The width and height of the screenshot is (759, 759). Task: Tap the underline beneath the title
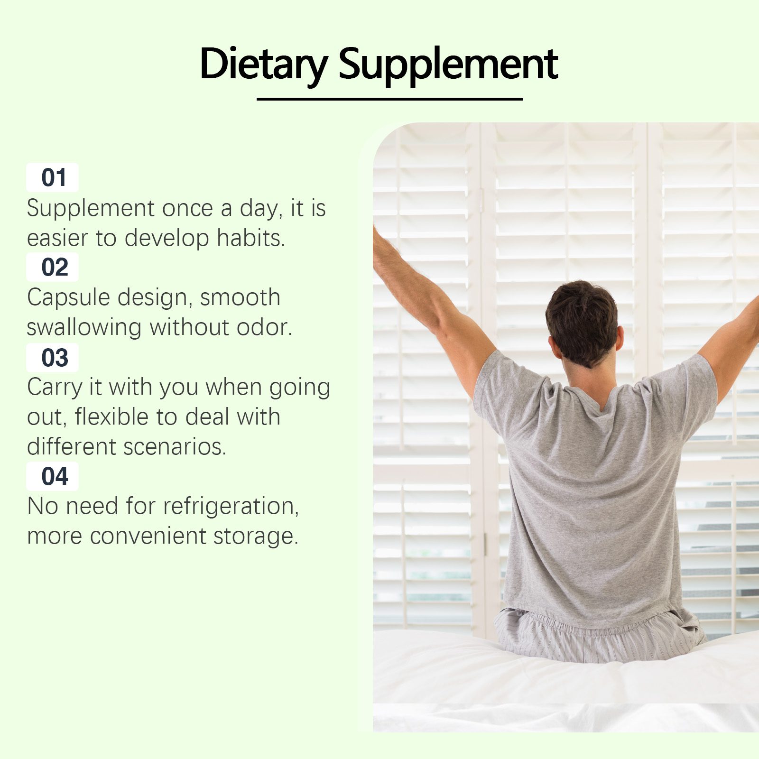390,99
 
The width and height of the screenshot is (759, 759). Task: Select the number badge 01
53,177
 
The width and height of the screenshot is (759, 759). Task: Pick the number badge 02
53,267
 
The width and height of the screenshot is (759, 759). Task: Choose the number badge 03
53,357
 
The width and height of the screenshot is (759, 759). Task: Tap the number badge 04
53,476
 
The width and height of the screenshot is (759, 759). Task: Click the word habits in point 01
251,238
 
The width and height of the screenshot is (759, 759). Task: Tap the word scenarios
175,447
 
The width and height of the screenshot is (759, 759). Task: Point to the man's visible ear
620,338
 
